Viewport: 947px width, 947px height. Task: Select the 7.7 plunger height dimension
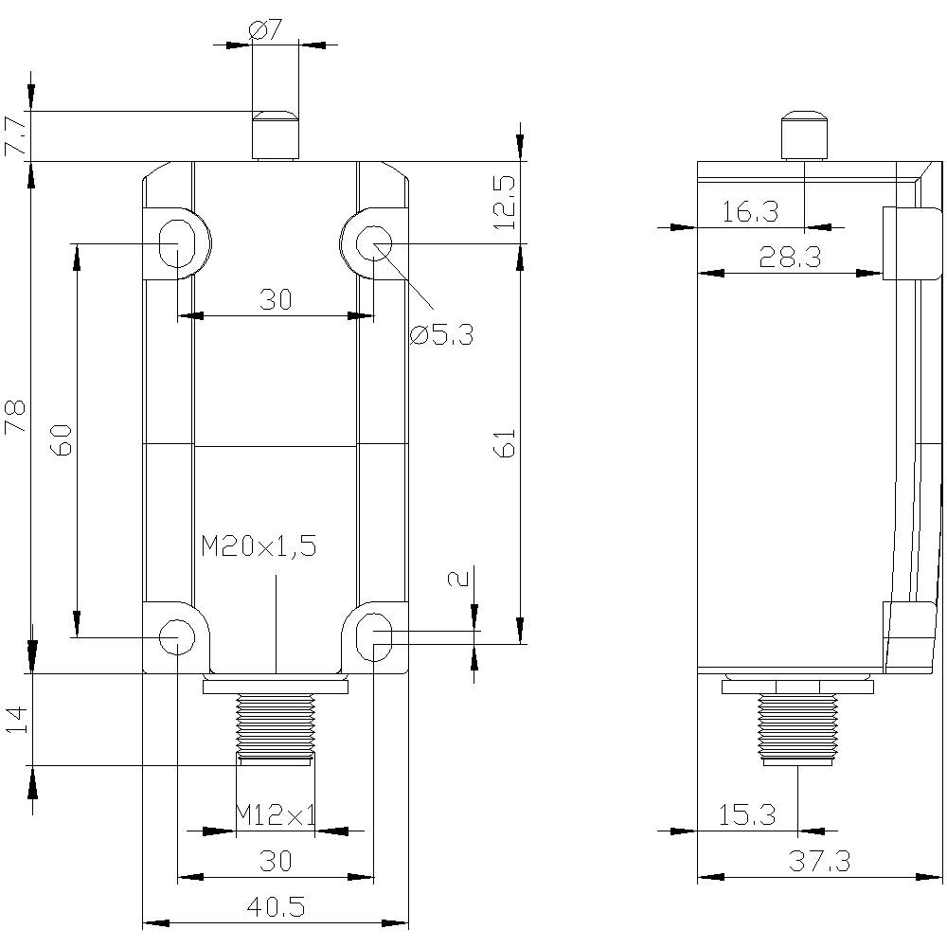point(16,136)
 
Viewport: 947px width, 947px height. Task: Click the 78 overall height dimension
point(16,418)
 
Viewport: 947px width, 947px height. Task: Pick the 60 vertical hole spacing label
point(61,441)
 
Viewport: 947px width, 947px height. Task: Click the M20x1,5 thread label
point(259,546)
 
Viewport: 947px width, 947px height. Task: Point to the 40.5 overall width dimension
point(276,907)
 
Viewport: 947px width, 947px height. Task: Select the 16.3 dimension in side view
point(750,212)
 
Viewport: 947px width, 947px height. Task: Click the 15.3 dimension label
point(748,814)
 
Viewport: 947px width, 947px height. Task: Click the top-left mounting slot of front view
point(177,241)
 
